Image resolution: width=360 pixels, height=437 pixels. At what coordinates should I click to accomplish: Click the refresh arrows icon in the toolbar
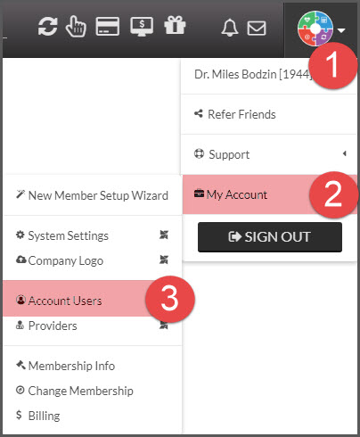coord(47,27)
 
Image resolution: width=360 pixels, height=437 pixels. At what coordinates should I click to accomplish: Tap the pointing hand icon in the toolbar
coord(76,27)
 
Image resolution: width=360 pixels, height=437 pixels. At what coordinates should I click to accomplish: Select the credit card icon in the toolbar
coord(108,27)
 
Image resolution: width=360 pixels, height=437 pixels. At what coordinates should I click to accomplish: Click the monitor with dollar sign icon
coord(142,27)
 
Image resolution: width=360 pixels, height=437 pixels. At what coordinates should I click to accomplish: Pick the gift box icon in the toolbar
coord(175,25)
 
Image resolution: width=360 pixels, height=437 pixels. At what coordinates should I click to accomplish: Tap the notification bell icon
coord(230,28)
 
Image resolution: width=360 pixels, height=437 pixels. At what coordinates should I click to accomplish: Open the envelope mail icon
coord(257,29)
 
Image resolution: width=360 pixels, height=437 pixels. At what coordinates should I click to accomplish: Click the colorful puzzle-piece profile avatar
coord(315,29)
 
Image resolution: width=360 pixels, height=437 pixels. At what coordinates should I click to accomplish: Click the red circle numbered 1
coord(332,65)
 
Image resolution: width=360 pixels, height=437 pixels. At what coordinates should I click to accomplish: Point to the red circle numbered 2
coord(333,194)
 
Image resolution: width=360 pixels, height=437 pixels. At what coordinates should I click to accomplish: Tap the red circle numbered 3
coord(170,299)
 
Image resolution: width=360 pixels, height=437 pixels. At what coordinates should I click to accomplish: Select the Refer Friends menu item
coord(235,114)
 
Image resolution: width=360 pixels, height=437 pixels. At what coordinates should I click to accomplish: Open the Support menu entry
coord(222,154)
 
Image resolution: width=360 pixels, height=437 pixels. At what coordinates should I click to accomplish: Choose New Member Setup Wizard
coord(92,195)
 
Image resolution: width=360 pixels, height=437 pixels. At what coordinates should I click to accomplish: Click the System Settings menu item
coord(62,235)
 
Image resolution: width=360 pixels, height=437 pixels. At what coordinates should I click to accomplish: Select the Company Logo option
coord(60,260)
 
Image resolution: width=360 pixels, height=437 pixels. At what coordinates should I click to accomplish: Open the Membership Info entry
coord(65,366)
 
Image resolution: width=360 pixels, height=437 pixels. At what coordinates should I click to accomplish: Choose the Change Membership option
coord(75,391)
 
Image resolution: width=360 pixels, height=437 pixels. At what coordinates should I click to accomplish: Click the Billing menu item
coord(38,416)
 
